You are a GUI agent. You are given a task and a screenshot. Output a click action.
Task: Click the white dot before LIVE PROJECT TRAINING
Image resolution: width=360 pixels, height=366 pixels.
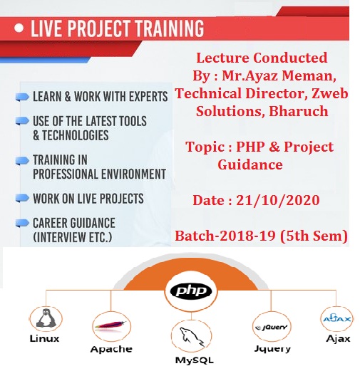pos(19,28)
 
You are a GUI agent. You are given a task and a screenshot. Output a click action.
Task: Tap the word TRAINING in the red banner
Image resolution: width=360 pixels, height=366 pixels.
pos(170,28)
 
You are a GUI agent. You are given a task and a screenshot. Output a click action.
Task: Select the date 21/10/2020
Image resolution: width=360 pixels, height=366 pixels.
pos(277,200)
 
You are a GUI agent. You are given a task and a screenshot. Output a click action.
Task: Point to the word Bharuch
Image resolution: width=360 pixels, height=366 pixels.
pos(299,111)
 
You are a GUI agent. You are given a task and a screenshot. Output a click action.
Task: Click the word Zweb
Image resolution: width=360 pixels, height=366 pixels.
pos(330,93)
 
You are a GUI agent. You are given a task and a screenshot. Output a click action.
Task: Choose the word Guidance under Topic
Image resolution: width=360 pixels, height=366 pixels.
pos(250,164)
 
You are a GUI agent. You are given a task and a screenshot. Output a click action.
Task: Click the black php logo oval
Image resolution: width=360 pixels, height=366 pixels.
pos(191,291)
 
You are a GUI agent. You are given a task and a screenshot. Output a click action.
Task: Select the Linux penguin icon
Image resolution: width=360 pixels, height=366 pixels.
pos(46,318)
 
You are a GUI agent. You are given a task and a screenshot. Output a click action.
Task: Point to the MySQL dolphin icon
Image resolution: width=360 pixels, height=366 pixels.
pos(191,337)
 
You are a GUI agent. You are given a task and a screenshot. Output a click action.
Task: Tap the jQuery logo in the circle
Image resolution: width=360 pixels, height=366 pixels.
pos(272,328)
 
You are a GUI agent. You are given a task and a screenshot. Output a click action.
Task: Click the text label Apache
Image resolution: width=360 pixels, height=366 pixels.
pos(111,349)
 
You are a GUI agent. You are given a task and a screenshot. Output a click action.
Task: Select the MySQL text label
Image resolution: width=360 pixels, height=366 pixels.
pos(194,360)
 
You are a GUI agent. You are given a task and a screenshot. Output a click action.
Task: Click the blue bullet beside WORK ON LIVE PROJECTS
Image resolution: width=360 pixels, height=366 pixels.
pos(22,198)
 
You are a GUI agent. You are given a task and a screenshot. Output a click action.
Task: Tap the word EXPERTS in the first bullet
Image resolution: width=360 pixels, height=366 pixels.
pos(148,97)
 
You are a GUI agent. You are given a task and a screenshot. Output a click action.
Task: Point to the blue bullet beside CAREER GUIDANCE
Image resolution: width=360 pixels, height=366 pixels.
pos(22,223)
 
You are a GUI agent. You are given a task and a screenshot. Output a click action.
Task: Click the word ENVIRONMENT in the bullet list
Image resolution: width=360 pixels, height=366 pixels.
pos(133,174)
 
